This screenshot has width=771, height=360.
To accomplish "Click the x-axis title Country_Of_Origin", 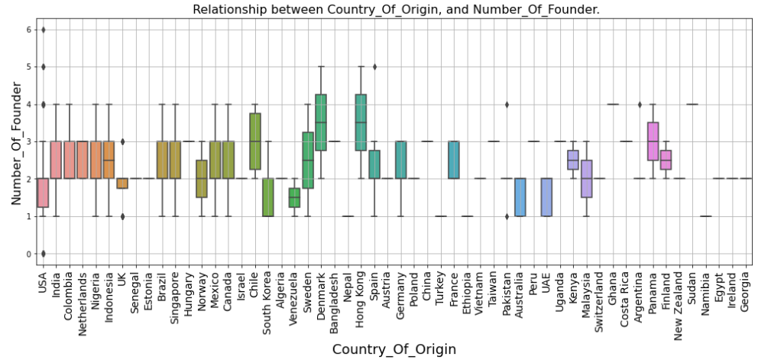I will point(394,349).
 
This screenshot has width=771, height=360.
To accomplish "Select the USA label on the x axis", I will point(43,279).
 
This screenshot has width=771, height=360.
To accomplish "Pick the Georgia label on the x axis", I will point(746,285).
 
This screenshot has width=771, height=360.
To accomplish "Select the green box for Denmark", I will point(321,122).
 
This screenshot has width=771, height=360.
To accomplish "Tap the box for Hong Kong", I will point(361,122).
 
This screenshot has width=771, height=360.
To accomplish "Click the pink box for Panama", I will point(653,141).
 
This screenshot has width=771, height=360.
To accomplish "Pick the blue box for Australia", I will point(520,197).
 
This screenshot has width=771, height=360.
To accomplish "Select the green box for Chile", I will point(254,141).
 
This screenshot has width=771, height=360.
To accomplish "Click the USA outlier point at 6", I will point(43,30).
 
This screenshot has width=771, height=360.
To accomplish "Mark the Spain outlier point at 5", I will point(374,66).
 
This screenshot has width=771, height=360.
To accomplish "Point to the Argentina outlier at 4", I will point(640,105).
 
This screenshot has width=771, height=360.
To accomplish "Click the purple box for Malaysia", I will point(586,179).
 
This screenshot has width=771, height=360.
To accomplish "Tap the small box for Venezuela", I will point(294,198).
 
